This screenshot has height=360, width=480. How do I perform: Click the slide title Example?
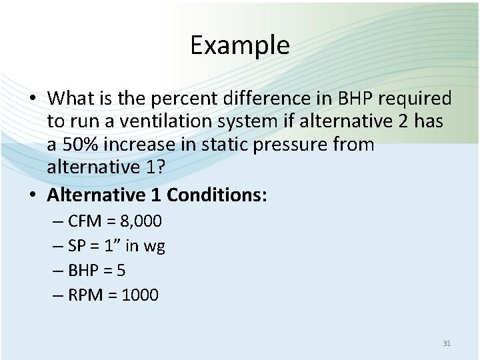click(x=239, y=45)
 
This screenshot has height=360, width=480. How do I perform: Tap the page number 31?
click(x=447, y=343)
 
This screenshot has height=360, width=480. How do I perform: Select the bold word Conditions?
click(x=217, y=195)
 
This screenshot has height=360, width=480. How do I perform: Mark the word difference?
click(x=244, y=99)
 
